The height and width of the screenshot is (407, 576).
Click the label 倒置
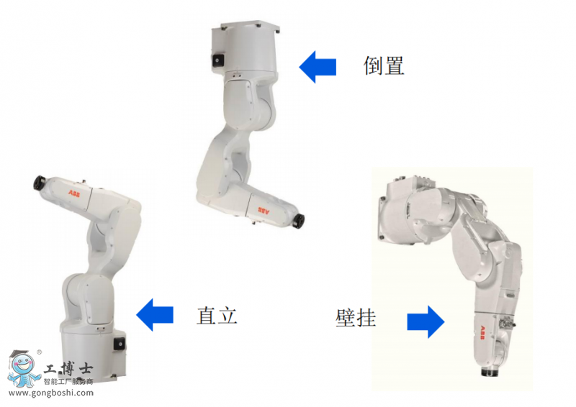point(384,66)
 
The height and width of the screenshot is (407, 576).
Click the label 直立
point(217,315)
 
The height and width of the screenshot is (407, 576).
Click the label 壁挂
point(356,317)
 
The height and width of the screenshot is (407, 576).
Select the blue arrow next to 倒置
point(318,67)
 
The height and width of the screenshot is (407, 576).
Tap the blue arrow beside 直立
point(155,314)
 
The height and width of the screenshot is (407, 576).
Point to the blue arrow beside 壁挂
point(426,321)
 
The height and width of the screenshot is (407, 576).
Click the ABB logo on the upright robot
point(74,193)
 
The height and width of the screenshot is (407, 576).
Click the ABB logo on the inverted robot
point(264,210)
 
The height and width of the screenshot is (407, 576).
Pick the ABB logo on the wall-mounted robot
point(482,332)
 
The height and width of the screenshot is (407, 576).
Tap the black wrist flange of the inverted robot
point(299,221)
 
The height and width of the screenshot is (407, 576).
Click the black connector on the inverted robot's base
point(217,60)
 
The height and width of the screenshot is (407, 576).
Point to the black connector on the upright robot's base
point(120,344)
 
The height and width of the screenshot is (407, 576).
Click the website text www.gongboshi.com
point(50,393)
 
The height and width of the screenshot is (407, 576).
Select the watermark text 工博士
point(68,368)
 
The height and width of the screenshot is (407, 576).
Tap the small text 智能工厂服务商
point(68,381)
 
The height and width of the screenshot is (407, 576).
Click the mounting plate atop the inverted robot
point(250,27)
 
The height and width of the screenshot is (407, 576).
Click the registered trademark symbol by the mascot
point(40,352)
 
